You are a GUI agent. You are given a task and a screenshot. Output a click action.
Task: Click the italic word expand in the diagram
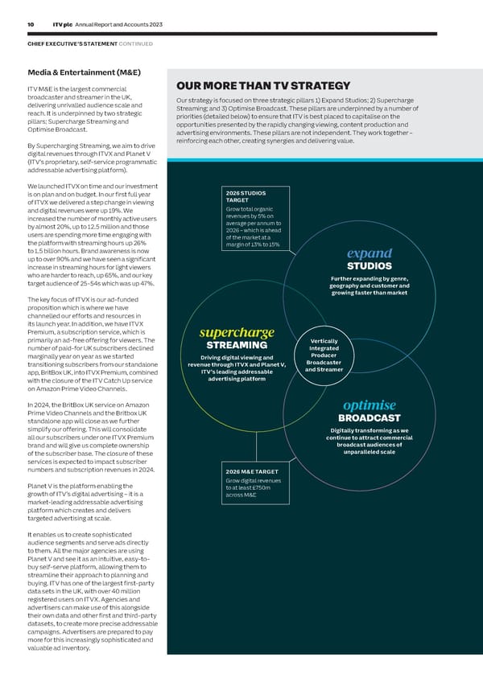(369, 253)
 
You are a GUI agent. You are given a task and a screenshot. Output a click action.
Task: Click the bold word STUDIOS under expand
(369, 266)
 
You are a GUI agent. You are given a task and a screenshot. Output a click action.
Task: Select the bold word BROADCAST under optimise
(369, 417)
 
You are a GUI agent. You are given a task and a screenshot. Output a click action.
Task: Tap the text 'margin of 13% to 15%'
(253, 244)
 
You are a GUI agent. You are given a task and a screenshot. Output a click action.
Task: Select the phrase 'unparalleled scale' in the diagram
(369, 453)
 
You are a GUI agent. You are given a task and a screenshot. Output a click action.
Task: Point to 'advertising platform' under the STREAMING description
(237, 380)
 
